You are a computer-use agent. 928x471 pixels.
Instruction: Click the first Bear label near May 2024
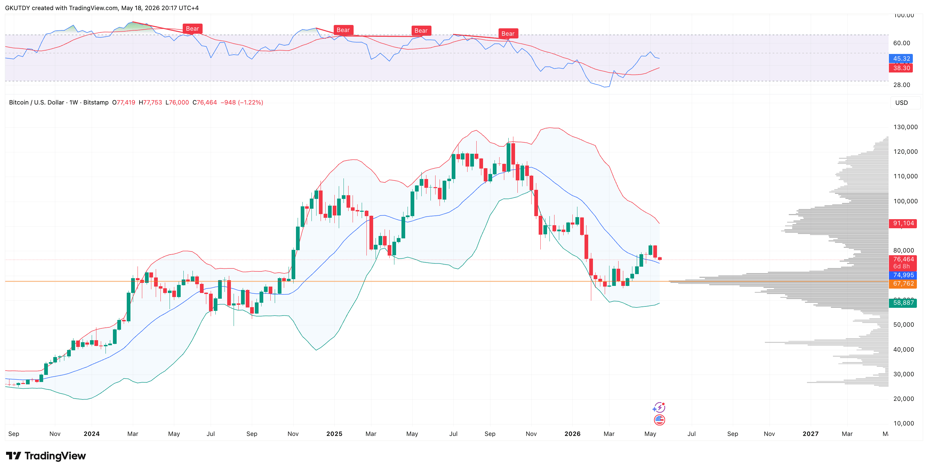pos(192,29)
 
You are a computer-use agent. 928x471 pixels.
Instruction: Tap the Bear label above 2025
pos(343,30)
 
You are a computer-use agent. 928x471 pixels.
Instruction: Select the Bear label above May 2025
pos(421,31)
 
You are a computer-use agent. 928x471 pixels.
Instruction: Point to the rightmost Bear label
pos(508,33)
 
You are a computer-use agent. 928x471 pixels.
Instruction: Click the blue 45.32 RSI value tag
pos(901,58)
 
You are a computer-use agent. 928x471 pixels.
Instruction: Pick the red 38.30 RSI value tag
pos(901,68)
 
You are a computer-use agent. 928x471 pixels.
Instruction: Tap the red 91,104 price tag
pos(903,223)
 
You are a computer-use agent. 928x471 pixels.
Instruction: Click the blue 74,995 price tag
pos(903,275)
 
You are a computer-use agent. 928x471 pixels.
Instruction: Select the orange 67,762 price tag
pos(903,284)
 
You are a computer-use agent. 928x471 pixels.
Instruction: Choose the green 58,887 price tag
pos(903,303)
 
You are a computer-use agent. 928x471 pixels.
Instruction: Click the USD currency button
pos(901,103)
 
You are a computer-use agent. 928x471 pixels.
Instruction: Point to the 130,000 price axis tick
pos(905,127)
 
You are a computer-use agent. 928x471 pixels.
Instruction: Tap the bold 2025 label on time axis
pos(334,434)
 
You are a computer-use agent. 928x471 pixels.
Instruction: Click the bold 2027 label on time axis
pos(810,434)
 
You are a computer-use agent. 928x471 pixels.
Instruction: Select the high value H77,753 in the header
pos(150,102)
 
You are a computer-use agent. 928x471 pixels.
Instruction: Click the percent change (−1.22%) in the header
pos(250,102)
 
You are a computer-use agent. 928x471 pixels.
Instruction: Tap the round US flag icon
pos(659,420)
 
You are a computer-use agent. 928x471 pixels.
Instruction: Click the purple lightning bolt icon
pos(659,408)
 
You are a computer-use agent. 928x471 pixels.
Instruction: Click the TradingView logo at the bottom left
pos(46,456)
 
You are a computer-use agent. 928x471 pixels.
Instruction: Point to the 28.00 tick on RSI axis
pos(901,85)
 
